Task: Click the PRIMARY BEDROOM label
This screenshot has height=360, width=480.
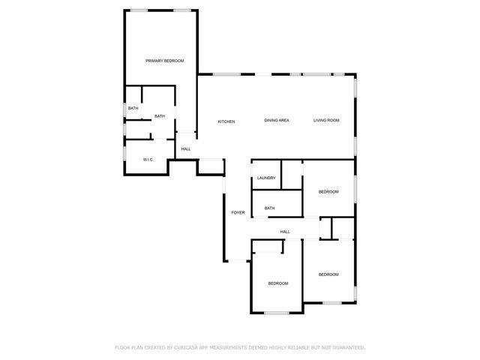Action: (x=165, y=61)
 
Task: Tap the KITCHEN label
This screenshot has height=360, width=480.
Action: (x=226, y=121)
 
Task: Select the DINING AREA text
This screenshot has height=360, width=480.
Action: (x=277, y=121)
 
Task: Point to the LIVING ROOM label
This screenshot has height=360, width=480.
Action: (x=326, y=121)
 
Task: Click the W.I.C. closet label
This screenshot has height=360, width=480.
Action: (x=149, y=160)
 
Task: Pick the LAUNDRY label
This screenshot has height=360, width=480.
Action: (x=266, y=178)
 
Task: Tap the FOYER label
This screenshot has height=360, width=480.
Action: (x=238, y=212)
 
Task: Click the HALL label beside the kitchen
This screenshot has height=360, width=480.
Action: (x=186, y=148)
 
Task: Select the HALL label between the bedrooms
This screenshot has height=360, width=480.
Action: (x=285, y=232)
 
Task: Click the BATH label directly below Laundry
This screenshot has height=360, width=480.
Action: (x=270, y=208)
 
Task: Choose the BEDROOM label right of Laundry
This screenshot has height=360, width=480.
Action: (x=328, y=192)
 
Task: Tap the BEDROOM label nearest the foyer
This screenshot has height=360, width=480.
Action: (x=278, y=283)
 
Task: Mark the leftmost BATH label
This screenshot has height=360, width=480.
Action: (x=133, y=109)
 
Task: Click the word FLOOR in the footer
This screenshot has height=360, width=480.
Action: (x=121, y=348)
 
